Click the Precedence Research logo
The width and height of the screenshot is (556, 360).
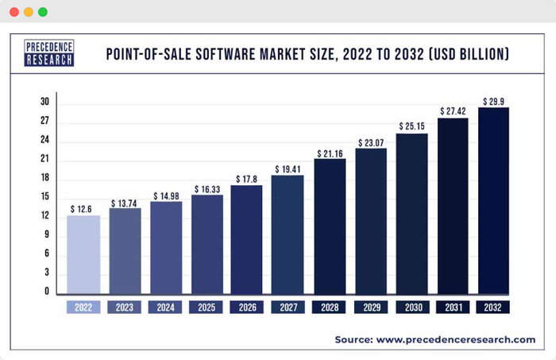pos(48,53)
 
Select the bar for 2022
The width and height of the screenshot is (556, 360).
pos(83,254)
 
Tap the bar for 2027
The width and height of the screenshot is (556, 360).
pos(288,234)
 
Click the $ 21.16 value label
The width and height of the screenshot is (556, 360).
pos(330,153)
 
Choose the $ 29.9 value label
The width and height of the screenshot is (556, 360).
pos(493,101)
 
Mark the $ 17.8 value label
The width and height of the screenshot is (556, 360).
pos(247,179)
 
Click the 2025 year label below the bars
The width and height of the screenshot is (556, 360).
pos(207,307)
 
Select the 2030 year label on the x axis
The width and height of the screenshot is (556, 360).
pos(411,307)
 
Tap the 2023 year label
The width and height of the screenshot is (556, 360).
pos(125,307)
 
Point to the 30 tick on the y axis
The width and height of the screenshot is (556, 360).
pos(45,103)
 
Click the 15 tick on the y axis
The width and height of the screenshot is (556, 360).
pos(45,197)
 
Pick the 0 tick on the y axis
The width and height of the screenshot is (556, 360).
pos(48,292)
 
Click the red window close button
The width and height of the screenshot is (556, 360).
pos(14,12)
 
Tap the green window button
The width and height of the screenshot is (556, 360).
pos(42,12)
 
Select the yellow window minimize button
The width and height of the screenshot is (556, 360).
pos(28,12)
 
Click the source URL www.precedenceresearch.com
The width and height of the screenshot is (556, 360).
pos(455,339)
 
